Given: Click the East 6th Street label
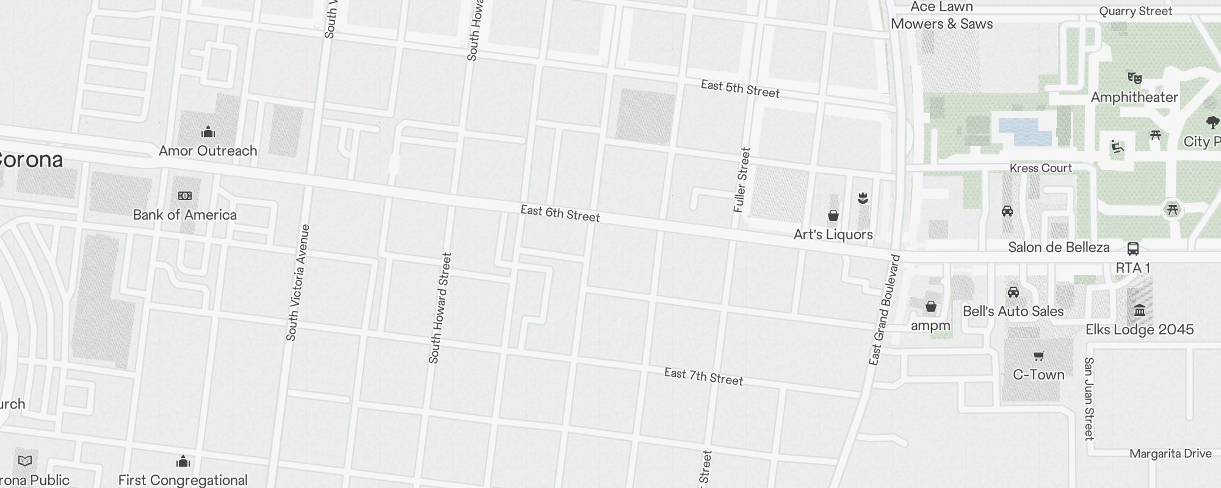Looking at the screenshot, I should pos(560,213).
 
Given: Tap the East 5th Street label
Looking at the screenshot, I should pos(740,88).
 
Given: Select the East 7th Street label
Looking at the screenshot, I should pos(703,376).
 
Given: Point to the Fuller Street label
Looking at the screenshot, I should pos(741,180).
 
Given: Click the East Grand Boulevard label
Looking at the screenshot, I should pos(885,310).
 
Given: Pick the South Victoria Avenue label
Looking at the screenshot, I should pos(298,282).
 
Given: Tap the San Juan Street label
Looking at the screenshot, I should pos(1089,398).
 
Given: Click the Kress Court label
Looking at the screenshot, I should pos(1040,168).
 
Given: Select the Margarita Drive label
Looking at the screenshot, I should pos(1170,454).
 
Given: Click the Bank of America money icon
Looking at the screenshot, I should pos(185,196).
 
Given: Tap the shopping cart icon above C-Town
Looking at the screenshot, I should pos(1038,356).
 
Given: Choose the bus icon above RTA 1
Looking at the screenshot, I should pos(1132,249).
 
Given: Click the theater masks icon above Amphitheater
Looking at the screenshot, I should pos(1134,78).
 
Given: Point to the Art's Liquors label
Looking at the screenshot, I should pos(833,234).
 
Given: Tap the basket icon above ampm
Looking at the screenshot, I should pos(930,306).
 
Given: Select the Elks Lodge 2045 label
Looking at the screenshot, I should pos(1139,330).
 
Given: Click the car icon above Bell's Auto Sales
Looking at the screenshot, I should pos(1013,292).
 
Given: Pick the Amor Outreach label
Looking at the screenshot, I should pos(208,151).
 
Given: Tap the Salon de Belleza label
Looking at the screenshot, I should pos(1059,247).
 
